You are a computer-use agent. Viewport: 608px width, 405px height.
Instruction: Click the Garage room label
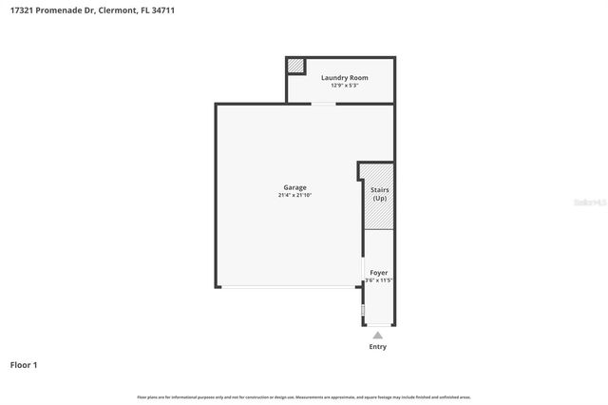[x=294, y=187]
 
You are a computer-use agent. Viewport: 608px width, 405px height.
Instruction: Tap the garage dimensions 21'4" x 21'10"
[x=294, y=195]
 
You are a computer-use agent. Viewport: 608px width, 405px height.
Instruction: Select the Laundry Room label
[x=344, y=77]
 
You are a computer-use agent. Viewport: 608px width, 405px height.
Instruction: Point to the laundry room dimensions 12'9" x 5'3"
[x=344, y=85]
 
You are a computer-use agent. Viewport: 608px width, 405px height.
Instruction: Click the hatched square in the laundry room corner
[x=296, y=66]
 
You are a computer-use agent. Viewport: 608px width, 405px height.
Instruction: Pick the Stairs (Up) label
[x=379, y=194]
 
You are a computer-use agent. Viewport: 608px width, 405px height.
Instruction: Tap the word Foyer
[x=378, y=273]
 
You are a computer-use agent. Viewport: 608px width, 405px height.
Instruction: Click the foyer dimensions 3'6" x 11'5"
[x=378, y=280]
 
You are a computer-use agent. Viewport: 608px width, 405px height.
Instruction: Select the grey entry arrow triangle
[x=378, y=336]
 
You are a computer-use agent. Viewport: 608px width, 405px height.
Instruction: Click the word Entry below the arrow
[x=378, y=347]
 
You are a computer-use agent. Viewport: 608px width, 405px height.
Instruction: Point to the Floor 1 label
[x=24, y=364]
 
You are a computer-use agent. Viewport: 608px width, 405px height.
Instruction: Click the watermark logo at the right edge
[x=589, y=202]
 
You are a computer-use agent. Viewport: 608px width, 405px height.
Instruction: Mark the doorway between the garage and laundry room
[x=323, y=104]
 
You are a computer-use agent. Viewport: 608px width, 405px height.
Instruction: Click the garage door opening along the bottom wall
[x=290, y=287]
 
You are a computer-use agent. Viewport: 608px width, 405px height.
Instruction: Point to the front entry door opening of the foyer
[x=378, y=325]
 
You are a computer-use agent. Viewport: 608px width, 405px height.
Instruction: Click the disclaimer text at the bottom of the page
[x=304, y=396]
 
